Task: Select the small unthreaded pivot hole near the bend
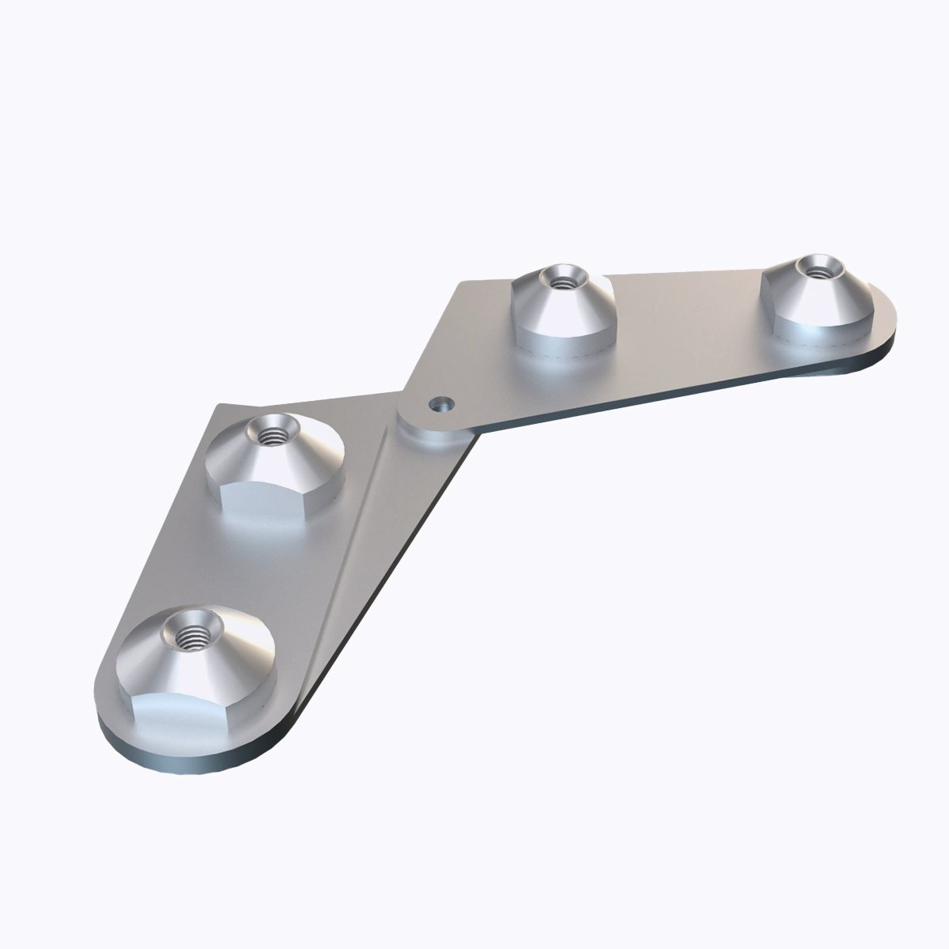442,405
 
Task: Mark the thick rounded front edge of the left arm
182,759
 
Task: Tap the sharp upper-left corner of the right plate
460,282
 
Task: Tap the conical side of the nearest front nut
229,656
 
